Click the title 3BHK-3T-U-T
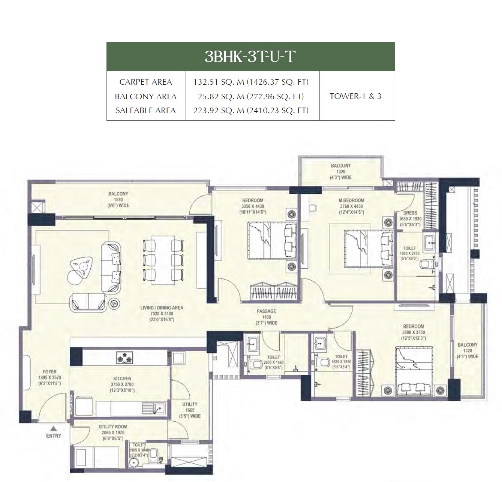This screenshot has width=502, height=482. point(250,56)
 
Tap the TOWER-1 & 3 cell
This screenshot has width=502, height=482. point(355,96)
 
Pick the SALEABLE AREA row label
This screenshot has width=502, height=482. point(145,110)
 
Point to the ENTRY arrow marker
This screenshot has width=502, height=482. point(54,428)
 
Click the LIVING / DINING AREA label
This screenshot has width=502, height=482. point(162,308)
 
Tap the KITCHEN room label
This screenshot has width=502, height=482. point(122,379)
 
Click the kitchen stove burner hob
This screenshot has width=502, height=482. point(124,358)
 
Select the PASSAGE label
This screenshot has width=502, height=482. point(267,311)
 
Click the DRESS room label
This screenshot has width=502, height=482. point(410,213)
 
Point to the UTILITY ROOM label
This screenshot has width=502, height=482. point(113,427)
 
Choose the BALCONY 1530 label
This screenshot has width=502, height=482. point(118,194)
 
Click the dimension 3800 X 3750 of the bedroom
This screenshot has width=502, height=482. point(414,332)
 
